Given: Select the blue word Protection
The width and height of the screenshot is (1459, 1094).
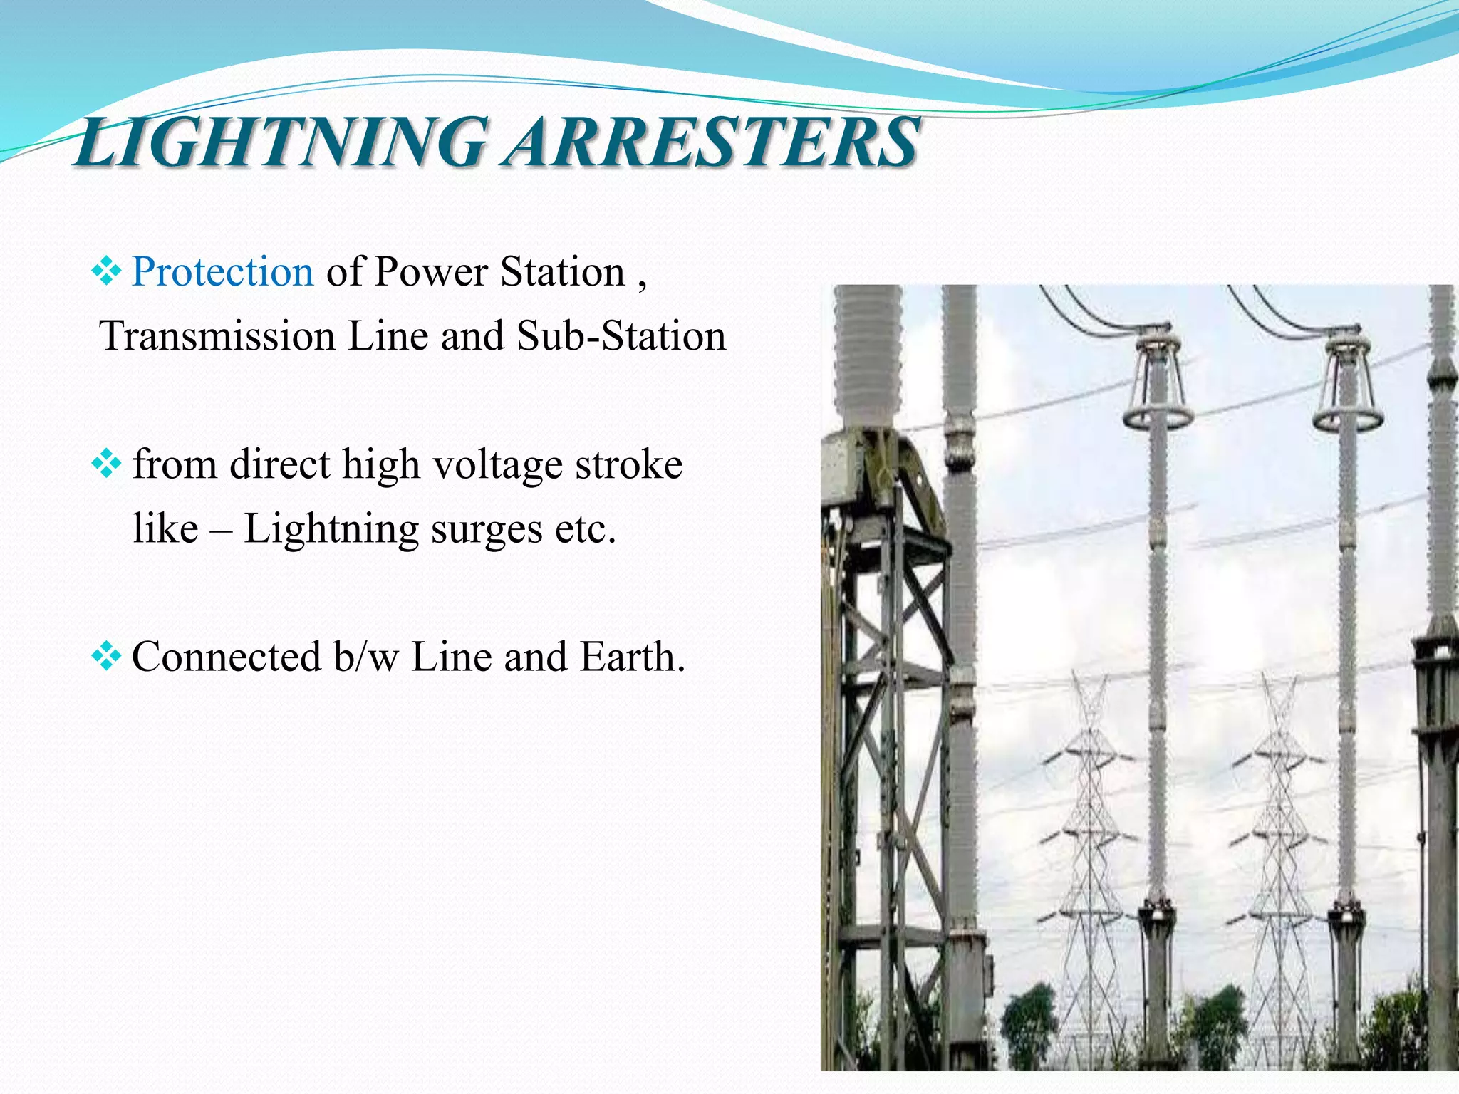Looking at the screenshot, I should (x=222, y=271).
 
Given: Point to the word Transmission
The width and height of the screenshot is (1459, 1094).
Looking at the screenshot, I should (x=217, y=335).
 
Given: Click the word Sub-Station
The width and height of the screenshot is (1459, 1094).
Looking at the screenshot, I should (x=621, y=335).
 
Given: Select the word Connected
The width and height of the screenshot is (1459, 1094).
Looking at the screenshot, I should (x=226, y=656).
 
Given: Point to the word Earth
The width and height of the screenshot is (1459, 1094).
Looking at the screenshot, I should (x=632, y=656).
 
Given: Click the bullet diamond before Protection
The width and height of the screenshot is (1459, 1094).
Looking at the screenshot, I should (x=107, y=271).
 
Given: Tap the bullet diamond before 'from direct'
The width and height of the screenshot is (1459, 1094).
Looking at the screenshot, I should (x=107, y=464).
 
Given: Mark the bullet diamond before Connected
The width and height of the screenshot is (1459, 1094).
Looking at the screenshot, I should (x=107, y=656).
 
